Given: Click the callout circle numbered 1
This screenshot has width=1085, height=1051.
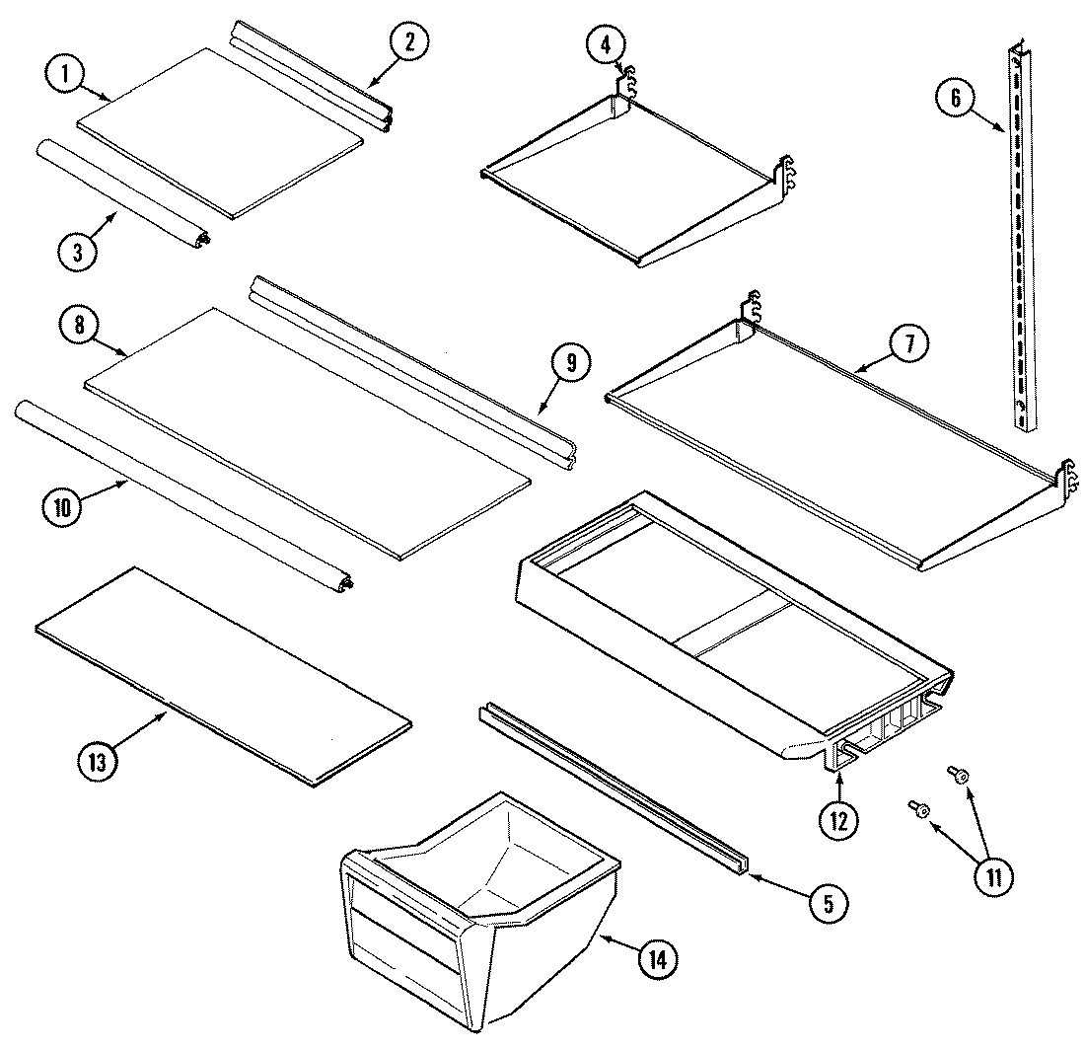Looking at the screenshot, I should tap(66, 76).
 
